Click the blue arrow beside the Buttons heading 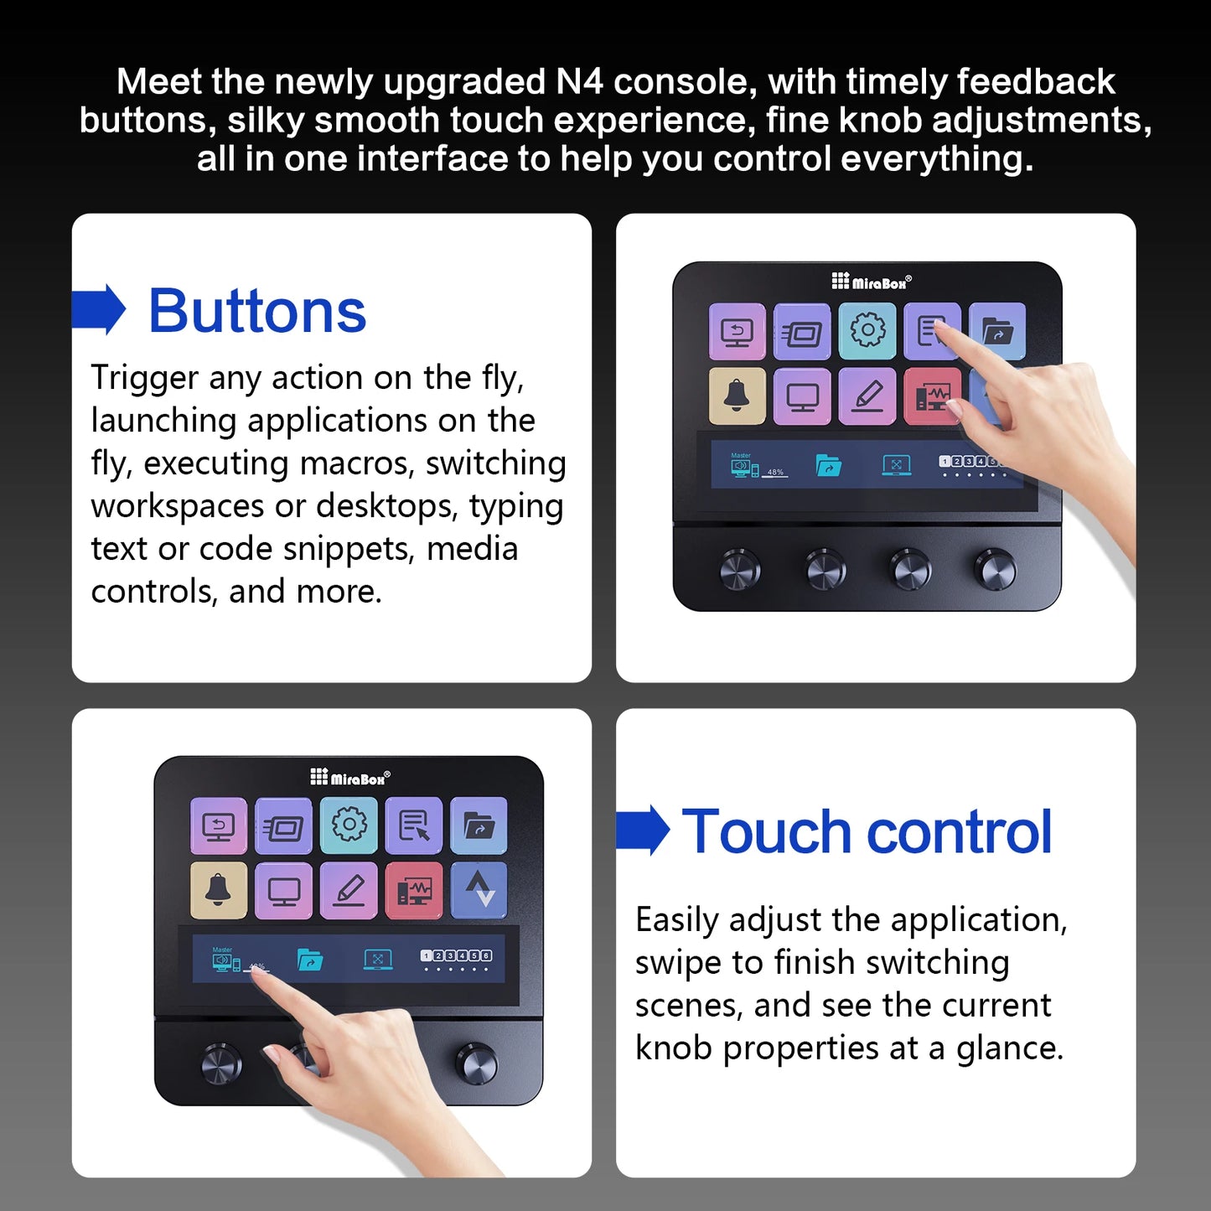100,309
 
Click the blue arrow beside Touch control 644,830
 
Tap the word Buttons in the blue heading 257,311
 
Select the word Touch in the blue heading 766,831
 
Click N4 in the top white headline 578,81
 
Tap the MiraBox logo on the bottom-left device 350,777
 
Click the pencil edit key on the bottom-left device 349,890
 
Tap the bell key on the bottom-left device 218,890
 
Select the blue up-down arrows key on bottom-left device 479,890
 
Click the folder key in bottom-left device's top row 479,825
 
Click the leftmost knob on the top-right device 740,570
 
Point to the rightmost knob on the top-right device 996,570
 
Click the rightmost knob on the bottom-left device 476,1064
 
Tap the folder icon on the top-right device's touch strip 828,465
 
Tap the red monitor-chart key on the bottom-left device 414,890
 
